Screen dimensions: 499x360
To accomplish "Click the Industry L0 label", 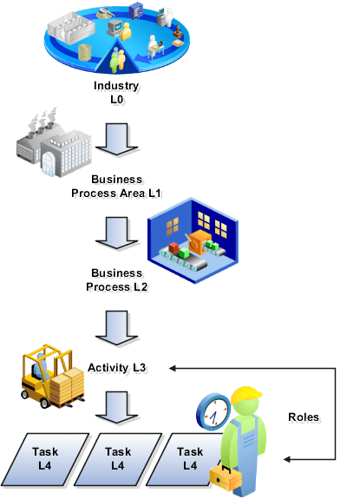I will (116, 94).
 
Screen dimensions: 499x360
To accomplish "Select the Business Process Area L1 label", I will (117, 186).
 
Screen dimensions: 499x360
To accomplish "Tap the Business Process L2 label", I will (117, 279).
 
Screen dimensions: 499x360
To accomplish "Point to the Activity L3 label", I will (117, 368).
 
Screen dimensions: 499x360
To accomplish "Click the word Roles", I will (304, 418).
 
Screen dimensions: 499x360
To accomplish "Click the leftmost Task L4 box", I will (46, 458).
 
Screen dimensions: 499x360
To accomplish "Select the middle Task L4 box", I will (118, 458).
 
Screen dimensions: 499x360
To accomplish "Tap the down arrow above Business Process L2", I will (117, 233).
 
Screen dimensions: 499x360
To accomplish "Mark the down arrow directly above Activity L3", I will (117, 325).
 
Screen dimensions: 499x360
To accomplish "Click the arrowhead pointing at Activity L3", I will (173, 368).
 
